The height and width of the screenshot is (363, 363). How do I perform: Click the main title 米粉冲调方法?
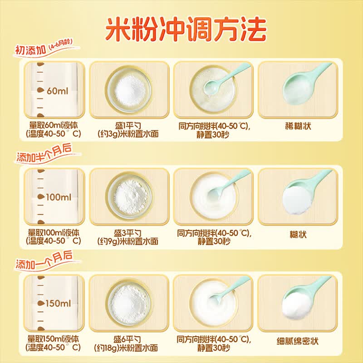[186, 29]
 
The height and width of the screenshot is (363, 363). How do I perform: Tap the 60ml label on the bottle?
[58, 91]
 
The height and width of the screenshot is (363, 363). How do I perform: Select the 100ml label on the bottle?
[59, 197]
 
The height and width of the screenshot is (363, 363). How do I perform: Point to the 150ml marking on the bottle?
[58, 304]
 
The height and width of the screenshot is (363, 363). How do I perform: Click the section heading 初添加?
[30, 50]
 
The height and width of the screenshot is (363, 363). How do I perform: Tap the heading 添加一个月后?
[44, 260]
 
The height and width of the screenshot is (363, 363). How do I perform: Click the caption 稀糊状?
[298, 127]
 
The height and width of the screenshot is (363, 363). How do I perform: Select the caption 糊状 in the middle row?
[298, 235]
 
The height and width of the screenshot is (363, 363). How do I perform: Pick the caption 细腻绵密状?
[298, 341]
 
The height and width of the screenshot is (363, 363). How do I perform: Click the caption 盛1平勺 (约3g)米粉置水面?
[128, 130]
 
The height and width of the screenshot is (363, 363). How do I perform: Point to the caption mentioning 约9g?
[128, 237]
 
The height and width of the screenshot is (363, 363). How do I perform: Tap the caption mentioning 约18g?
[127, 344]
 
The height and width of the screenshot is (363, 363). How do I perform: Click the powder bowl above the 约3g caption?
[129, 90]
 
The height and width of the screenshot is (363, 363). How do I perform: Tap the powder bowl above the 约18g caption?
[129, 304]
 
